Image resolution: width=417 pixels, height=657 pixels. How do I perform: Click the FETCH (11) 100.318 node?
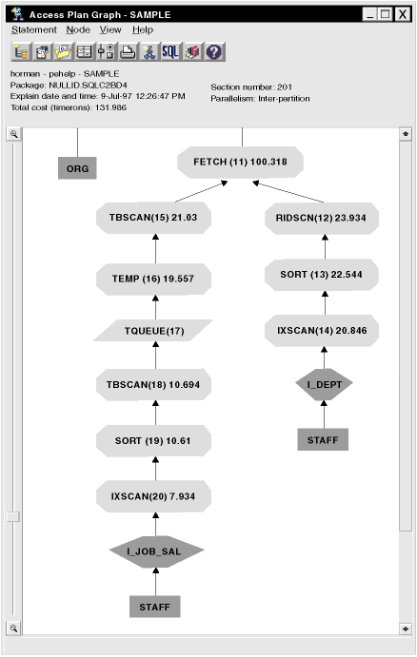point(240,163)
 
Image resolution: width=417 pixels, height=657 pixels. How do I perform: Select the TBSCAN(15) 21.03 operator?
point(153,218)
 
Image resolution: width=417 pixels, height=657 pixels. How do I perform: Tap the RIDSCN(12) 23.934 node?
point(322,218)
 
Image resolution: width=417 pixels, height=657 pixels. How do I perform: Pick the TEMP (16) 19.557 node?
point(153,279)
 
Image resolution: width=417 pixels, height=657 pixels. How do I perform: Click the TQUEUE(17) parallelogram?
point(153,331)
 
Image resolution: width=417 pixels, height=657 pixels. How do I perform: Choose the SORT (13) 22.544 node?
point(322,275)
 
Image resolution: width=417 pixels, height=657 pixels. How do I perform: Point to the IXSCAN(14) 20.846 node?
point(322,331)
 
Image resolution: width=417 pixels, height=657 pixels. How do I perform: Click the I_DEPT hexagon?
point(324,385)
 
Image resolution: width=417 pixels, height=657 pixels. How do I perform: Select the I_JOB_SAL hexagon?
point(156,551)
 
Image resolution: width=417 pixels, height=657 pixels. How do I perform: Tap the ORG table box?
point(77,168)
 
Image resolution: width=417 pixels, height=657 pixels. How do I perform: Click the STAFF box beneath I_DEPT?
point(323,439)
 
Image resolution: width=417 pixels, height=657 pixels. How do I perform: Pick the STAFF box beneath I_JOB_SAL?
point(155,607)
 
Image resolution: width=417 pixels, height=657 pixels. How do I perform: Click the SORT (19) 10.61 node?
point(153,441)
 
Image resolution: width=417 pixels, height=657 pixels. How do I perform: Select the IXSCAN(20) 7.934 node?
point(153,496)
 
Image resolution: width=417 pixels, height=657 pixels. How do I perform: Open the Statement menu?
point(34,30)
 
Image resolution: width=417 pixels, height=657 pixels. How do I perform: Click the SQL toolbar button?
point(170,52)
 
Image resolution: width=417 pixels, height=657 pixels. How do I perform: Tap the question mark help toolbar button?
point(214,52)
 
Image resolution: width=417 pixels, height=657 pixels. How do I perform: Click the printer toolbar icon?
point(128,52)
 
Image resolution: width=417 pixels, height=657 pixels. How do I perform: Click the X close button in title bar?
point(403,14)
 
